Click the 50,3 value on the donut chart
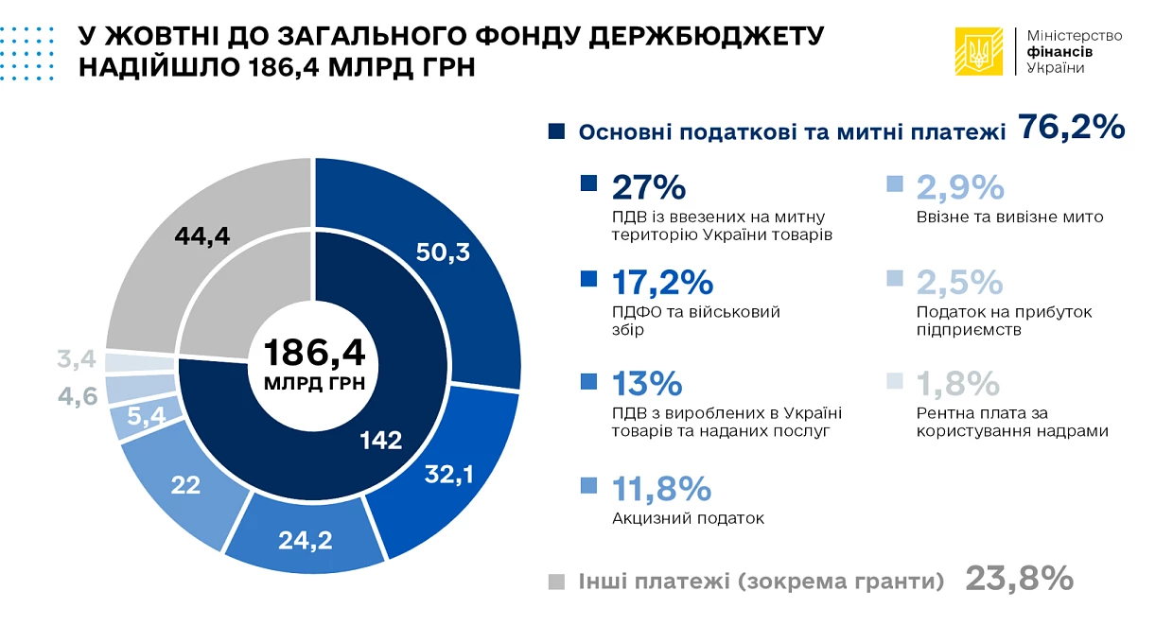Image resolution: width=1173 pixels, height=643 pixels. click(x=443, y=252)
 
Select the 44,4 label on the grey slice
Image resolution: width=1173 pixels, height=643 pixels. click(x=202, y=236)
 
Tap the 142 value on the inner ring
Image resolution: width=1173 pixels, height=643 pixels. click(x=380, y=441)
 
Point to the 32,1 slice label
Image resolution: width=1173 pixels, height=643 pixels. click(x=448, y=475)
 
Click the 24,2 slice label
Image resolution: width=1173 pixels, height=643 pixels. click(x=306, y=540)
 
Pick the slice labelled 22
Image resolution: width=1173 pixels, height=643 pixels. click(x=185, y=485)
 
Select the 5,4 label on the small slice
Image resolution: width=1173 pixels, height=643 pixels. click(x=146, y=416)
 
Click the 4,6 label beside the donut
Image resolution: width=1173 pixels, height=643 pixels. click(x=78, y=396)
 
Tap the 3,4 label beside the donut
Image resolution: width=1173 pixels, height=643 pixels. click(x=77, y=359)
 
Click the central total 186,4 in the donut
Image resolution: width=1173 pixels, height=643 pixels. click(x=314, y=353)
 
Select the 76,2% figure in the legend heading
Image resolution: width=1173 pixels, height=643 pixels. click(x=1072, y=128)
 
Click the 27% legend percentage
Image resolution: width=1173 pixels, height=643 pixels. click(x=649, y=187)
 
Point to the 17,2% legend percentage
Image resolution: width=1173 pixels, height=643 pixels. click(x=662, y=283)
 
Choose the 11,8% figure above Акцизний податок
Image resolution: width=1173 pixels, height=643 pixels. click(x=661, y=489)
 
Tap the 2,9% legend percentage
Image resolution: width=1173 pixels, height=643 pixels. click(x=960, y=187)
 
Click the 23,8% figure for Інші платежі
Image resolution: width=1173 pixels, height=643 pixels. click(x=1020, y=579)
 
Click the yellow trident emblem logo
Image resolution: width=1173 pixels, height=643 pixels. click(x=979, y=51)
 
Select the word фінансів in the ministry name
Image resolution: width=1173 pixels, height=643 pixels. click(x=1059, y=52)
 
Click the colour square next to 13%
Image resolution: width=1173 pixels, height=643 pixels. click(x=588, y=382)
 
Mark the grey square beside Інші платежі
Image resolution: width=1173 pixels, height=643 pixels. click(x=556, y=582)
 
